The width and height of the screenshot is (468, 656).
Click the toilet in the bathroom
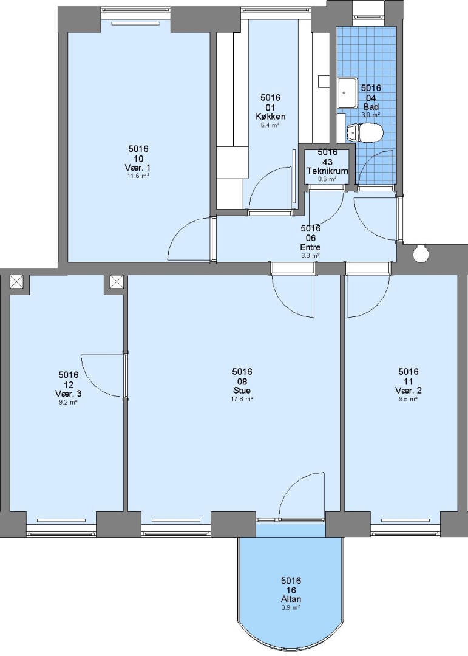click(365, 132)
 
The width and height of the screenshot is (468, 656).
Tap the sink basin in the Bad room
click(347, 92)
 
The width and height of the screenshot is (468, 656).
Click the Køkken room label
click(271, 116)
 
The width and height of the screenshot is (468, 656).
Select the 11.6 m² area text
click(138, 176)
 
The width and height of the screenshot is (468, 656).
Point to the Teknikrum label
click(327, 171)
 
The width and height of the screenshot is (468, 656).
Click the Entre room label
click(310, 247)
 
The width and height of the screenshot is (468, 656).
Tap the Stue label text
click(242, 391)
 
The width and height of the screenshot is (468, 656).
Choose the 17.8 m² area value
click(242, 399)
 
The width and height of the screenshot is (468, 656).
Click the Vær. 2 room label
click(408, 391)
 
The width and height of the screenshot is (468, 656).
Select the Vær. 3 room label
click(68, 394)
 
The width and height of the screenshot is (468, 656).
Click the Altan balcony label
click(291, 599)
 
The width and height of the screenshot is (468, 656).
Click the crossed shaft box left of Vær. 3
click(17, 281)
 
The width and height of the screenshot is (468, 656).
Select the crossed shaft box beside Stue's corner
click(117, 281)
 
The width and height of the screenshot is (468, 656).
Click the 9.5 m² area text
click(408, 399)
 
